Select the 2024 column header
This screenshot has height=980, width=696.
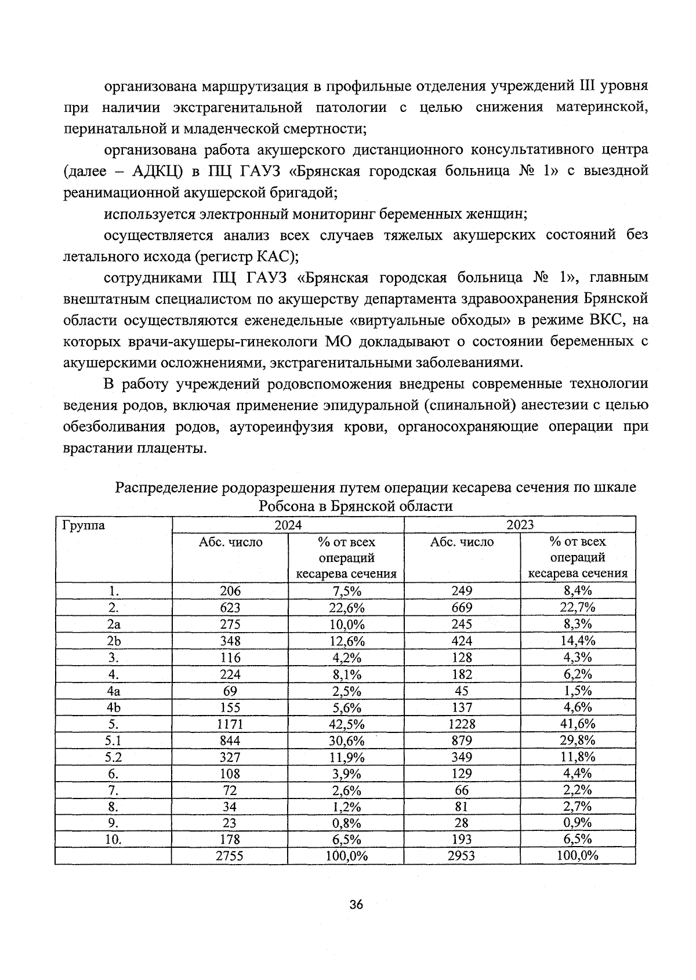tap(288, 525)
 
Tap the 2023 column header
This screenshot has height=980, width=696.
tap(520, 525)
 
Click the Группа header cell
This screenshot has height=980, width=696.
tap(83, 525)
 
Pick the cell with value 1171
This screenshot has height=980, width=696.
tap(230, 724)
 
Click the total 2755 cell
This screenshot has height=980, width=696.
tap(230, 856)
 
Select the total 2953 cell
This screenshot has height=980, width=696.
tap(462, 856)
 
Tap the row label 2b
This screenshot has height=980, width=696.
tap(113, 641)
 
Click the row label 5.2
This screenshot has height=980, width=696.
tap(113, 757)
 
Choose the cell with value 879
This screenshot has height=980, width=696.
tap(462, 741)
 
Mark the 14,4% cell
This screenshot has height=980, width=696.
tap(578, 641)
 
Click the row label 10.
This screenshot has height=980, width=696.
tap(113, 839)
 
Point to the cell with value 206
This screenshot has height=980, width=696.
tap(230, 591)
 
